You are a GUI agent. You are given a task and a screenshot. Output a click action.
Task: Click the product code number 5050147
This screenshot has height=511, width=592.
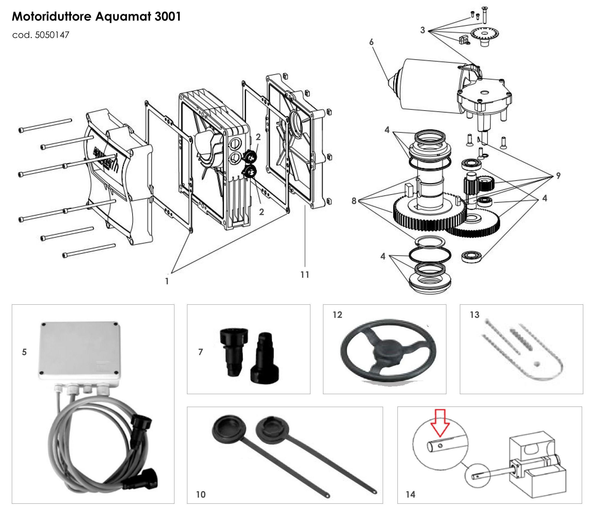pos(52,35)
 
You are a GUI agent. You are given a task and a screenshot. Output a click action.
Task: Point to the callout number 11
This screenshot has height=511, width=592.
pos(305,275)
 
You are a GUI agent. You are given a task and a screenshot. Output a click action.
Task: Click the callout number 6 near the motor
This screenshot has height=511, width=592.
pos(371,42)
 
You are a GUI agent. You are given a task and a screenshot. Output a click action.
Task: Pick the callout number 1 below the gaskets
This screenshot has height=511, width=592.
pos(167,282)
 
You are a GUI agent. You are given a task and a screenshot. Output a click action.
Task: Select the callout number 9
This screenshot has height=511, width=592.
pos(558,176)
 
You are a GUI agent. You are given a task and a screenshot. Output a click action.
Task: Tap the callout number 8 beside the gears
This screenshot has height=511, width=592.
pos(354,201)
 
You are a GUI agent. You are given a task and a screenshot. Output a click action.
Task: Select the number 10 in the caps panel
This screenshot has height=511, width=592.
pos(201,494)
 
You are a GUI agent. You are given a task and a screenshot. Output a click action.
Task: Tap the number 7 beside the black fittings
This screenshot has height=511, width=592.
pos(201,352)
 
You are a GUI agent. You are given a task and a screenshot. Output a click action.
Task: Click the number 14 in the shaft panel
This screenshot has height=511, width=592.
pos(410,494)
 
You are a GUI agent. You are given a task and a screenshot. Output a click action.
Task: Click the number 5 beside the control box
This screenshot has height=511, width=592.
pos(24,352)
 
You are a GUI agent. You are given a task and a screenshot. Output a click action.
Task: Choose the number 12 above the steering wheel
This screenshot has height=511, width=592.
pos(337,315)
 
